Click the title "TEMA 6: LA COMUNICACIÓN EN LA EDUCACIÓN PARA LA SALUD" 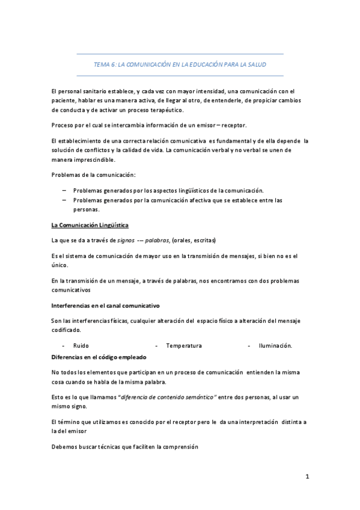(x=180, y=64)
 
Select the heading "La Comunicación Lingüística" (x=90, y=225)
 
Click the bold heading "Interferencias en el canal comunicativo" (x=105, y=306)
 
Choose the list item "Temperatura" (x=184, y=346)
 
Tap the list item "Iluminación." (x=275, y=346)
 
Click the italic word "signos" (x=126, y=240)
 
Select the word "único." (x=60, y=265)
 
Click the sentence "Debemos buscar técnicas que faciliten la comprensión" (x=124, y=447)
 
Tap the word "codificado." (x=67, y=330)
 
